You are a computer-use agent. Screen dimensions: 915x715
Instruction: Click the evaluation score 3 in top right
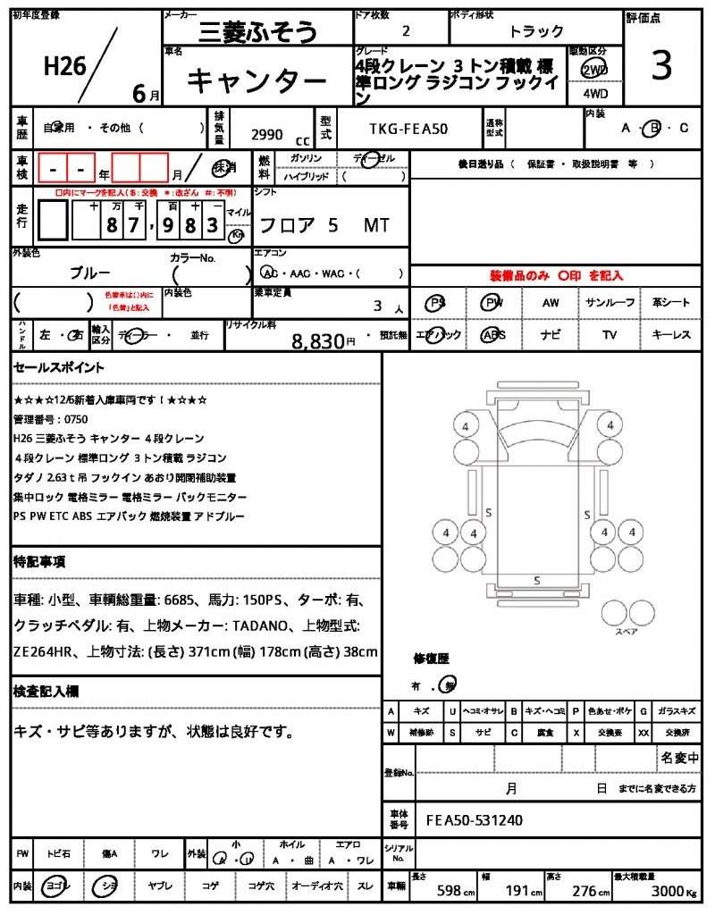tap(660, 67)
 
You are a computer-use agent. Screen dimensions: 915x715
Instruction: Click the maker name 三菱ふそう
tap(257, 33)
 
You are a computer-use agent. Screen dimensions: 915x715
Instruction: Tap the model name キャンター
tap(257, 81)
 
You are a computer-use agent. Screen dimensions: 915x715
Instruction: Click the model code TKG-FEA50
tap(408, 129)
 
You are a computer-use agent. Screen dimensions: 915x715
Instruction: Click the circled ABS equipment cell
tap(492, 335)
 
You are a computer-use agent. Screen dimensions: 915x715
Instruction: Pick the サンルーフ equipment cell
tap(610, 303)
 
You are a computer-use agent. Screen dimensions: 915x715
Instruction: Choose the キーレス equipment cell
tap(671, 335)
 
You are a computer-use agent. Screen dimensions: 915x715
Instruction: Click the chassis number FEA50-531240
tap(475, 819)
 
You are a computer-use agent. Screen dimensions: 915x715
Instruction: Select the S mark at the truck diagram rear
tap(537, 581)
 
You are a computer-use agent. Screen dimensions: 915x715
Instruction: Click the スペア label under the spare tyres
tap(627, 632)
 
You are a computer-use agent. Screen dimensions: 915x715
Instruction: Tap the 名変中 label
tap(679, 758)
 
